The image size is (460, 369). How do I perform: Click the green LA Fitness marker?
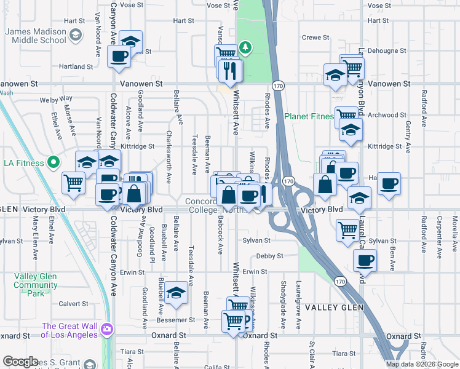click(x=54, y=163)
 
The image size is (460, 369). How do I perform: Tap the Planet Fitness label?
click(x=309, y=116)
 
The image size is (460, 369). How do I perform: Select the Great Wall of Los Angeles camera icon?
click(x=108, y=330)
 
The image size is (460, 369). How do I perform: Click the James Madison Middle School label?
click(x=36, y=36)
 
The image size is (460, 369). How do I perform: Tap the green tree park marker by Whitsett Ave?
click(x=245, y=48)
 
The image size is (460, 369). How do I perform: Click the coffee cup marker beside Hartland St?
click(x=119, y=57)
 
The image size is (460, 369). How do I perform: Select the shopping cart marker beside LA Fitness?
click(x=73, y=181)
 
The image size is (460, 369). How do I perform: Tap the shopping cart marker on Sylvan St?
click(x=347, y=229)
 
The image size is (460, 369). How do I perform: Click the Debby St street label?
click(x=269, y=256)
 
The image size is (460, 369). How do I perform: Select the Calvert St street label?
click(x=73, y=303)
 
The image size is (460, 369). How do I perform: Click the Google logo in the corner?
click(x=20, y=362)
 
